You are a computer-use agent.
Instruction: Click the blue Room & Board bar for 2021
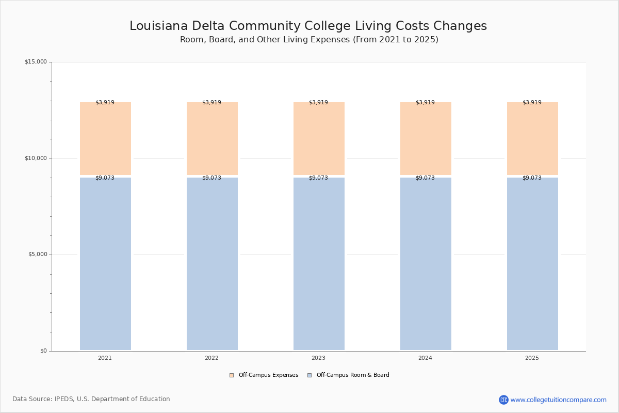(x=105, y=264)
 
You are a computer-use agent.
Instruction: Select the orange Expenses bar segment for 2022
(x=212, y=138)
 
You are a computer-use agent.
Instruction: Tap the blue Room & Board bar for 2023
(x=319, y=264)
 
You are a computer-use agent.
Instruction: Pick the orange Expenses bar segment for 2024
(x=426, y=138)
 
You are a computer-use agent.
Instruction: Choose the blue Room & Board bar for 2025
(x=532, y=264)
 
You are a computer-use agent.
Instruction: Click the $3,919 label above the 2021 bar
(x=105, y=102)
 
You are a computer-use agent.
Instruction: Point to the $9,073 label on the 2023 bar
(x=318, y=178)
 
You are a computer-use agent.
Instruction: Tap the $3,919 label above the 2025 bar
(x=532, y=102)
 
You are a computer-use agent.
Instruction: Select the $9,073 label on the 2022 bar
(x=211, y=178)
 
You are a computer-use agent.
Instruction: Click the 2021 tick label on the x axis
(x=105, y=358)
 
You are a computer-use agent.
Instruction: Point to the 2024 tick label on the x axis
(x=425, y=358)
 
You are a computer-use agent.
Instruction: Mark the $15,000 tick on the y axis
(x=36, y=62)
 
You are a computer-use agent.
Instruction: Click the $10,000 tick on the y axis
(x=36, y=158)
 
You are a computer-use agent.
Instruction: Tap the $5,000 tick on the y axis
(x=37, y=255)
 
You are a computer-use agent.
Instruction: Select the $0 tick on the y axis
(x=43, y=351)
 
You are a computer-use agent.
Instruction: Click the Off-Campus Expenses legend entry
(x=264, y=375)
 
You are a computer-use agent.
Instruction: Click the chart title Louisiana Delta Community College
(x=308, y=26)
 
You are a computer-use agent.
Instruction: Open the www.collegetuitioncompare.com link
(x=558, y=400)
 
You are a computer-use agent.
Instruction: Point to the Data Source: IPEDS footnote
(x=91, y=399)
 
